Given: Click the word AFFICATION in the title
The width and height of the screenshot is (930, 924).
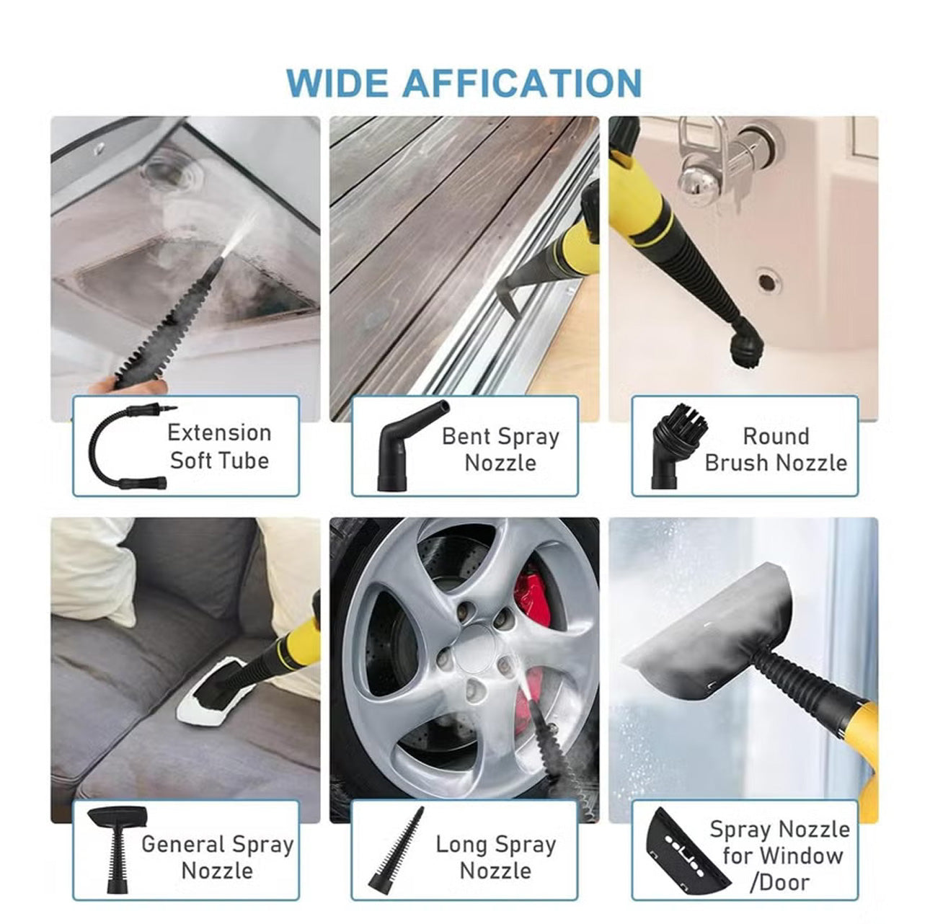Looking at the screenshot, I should (521, 83).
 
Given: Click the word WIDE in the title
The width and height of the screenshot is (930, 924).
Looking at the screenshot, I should (338, 83).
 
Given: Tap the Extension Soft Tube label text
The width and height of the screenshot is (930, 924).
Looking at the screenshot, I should (219, 446).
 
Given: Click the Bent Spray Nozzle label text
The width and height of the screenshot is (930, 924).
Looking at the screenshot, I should (500, 449).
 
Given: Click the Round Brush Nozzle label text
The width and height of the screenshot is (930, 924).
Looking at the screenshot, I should (776, 449).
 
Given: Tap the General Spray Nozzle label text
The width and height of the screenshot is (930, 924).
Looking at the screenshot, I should (217, 857).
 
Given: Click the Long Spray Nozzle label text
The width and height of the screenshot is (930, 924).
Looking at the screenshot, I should (496, 857).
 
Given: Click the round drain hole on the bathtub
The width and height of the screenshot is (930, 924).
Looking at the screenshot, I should (769, 280).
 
